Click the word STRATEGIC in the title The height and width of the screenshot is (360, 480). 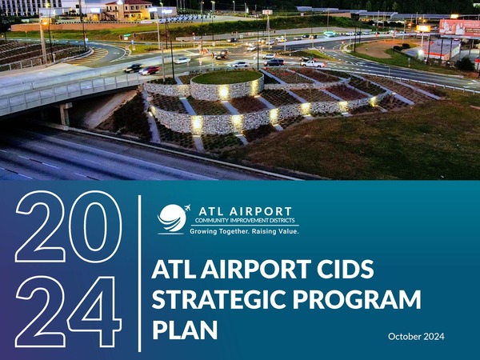tap(219, 299)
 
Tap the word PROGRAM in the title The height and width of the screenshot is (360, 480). tap(357, 299)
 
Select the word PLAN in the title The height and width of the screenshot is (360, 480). tap(185, 330)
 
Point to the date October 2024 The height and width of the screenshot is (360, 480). tap(416, 337)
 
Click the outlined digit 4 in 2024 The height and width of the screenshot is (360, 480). tap(94, 311)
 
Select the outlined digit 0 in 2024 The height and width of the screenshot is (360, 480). tap(95, 226)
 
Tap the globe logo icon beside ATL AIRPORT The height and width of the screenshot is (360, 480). tap(172, 218)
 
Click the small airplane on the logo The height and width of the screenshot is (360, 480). tap(187, 207)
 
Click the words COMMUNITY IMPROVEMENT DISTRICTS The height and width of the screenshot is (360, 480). tap(245, 221)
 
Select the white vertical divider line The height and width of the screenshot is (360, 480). tap(139, 274)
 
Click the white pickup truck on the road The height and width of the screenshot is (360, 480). tap(312, 64)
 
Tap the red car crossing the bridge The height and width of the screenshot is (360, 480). tap(150, 70)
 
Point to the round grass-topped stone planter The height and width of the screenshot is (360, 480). tap(227, 84)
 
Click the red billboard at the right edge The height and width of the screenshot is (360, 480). tap(459, 28)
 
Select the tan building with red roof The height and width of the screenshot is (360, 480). tap(129, 11)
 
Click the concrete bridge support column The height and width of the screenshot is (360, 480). tap(65, 114)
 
